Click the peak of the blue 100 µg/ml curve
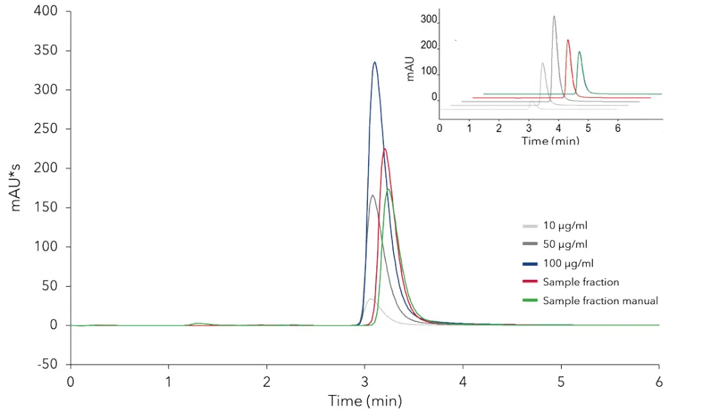click(x=374, y=62)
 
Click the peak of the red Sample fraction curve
click(x=385, y=149)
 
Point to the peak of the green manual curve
click(x=388, y=190)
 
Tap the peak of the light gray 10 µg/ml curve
click(x=371, y=299)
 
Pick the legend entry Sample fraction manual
click(x=600, y=301)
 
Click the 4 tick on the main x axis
click(x=462, y=381)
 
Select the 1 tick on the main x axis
click(x=168, y=381)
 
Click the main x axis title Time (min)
click(x=365, y=401)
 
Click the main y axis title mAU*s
click(x=16, y=187)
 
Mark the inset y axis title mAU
click(x=410, y=68)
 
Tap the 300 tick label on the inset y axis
click(x=428, y=19)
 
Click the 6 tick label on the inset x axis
click(x=617, y=128)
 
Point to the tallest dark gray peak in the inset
click(x=554, y=16)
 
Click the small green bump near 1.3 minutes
click(x=199, y=324)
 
